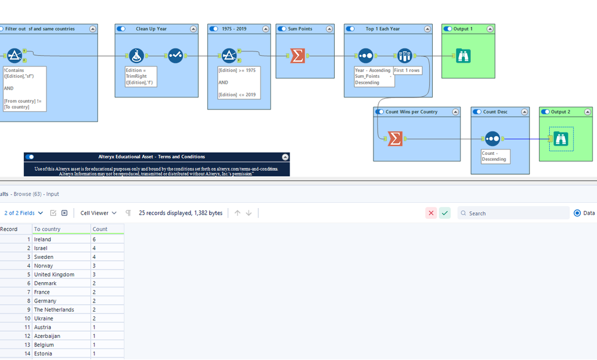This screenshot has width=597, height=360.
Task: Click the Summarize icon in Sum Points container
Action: click(x=298, y=56)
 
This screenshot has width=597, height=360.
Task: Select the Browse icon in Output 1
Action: click(x=463, y=56)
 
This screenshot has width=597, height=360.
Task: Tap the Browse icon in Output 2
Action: click(x=561, y=139)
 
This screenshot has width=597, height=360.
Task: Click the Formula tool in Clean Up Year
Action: click(x=136, y=56)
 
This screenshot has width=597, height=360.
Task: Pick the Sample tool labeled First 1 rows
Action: click(x=405, y=56)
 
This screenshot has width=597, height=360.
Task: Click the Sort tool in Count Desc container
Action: click(x=492, y=139)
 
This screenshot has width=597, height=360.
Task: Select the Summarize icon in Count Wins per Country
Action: click(x=395, y=139)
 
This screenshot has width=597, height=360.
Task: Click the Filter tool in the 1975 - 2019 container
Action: click(x=229, y=56)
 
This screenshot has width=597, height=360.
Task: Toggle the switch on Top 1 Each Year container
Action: click(x=350, y=29)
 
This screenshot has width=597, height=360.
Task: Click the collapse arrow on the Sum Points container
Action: click(x=329, y=29)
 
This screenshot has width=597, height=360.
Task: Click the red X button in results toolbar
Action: click(x=431, y=213)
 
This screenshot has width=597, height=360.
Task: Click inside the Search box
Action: click(x=513, y=213)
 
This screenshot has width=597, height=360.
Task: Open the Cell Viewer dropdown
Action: click(x=98, y=213)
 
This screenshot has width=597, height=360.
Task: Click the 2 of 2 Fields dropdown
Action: click(x=24, y=213)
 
